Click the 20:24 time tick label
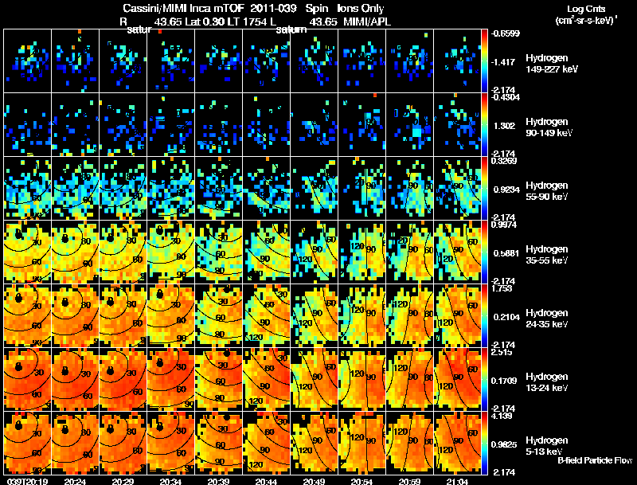pos(74,481)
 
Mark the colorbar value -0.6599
pos(504,33)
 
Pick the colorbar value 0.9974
pos(502,225)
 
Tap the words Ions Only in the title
pos(361,9)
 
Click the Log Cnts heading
pos(577,9)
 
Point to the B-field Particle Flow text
pos(594,460)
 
